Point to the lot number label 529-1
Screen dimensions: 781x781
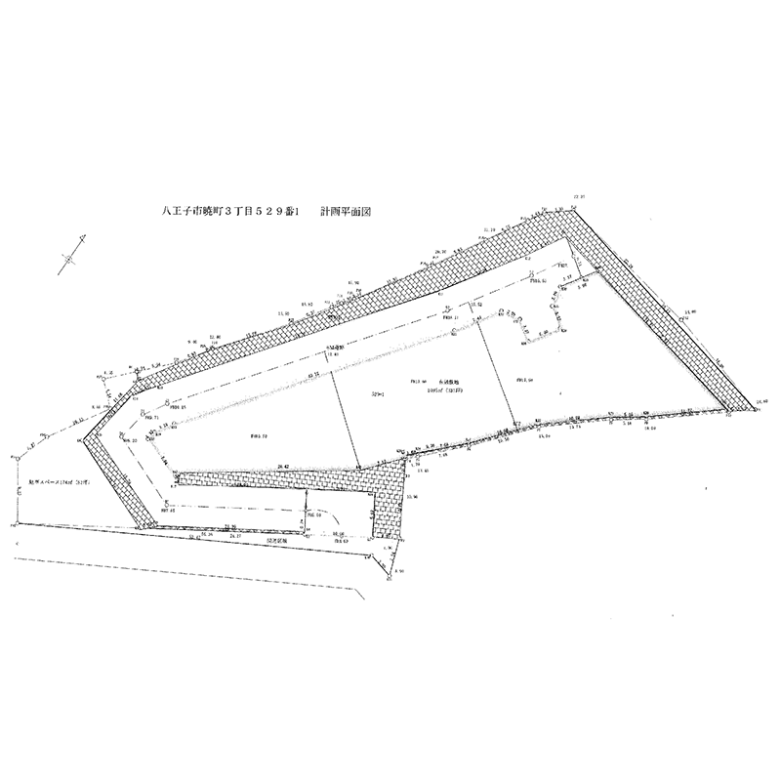377,392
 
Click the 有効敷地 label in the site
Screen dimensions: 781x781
451,381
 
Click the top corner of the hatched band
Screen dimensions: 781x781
583,210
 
